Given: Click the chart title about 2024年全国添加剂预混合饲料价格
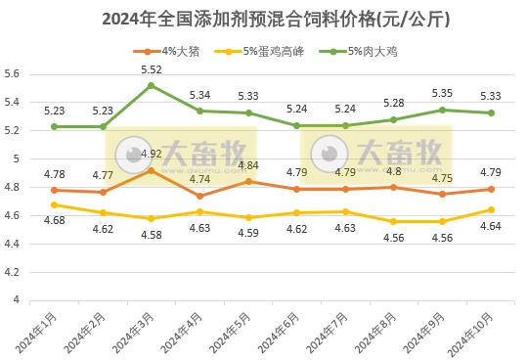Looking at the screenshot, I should (x=262, y=18).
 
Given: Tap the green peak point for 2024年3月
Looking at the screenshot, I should (x=151, y=85).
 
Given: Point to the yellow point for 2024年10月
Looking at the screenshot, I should (x=491, y=209).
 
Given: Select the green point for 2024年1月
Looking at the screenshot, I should (x=54, y=126).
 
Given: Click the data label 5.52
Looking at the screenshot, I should (x=152, y=69).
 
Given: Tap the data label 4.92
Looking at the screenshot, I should (x=152, y=154).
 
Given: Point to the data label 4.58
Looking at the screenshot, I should (x=152, y=234).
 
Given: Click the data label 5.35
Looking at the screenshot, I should (x=442, y=94).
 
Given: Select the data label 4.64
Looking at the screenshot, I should (x=491, y=226).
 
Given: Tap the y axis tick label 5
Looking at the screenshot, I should (x=17, y=158).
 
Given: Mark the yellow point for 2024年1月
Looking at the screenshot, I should (x=54, y=204).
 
